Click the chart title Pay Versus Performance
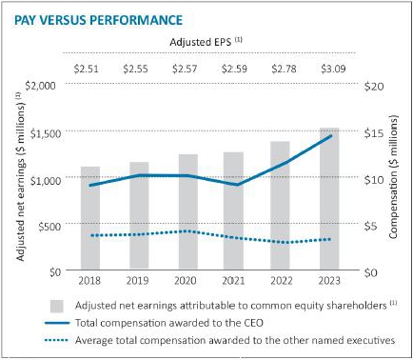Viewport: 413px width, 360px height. pyautogui.click(x=99, y=20)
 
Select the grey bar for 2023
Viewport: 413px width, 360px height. pyautogui.click(x=329, y=199)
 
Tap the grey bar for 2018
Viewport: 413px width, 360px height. pyautogui.click(x=90, y=218)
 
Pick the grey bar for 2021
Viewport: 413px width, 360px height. pyautogui.click(x=233, y=210)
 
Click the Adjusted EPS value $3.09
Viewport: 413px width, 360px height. pyautogui.click(x=333, y=69)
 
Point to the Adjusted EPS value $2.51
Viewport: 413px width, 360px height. pyautogui.click(x=86, y=69)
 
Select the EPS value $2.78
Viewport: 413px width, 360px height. pyautogui.click(x=284, y=69)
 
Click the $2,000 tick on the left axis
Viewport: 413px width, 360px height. pyautogui.click(x=40, y=86)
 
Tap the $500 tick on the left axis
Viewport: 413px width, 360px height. pyautogui.click(x=49, y=227)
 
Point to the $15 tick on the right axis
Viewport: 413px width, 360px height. pyautogui.click(x=374, y=133)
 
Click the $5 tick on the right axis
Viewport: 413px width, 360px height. pyautogui.click(x=370, y=226)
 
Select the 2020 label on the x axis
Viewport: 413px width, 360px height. pyautogui.click(x=186, y=281)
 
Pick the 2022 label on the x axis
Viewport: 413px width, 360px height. pyautogui.click(x=282, y=281)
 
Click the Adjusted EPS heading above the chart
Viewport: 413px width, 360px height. pyautogui.click(x=206, y=42)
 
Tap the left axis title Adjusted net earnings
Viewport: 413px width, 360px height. pyautogui.click(x=20, y=177)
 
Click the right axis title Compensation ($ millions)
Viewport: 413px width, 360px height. pyautogui.click(x=393, y=177)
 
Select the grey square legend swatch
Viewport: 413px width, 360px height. pyautogui.click(x=57, y=306)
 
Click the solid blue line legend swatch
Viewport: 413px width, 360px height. pyautogui.click(x=57, y=323)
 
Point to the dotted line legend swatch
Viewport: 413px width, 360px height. pyautogui.click(x=56, y=340)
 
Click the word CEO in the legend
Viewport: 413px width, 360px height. pyautogui.click(x=252, y=323)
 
